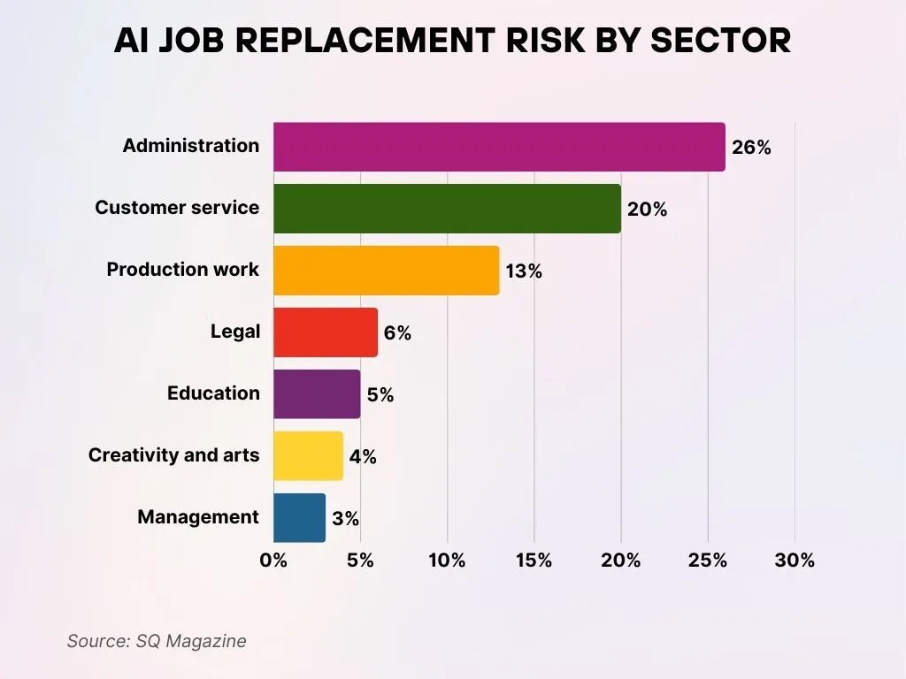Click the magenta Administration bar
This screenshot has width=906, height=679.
pos(499,147)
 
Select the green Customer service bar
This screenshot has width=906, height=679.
pos(447,209)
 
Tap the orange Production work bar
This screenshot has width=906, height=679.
pos(386,271)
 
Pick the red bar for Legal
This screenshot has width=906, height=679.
pos(326,332)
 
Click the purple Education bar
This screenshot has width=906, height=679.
pos(317,394)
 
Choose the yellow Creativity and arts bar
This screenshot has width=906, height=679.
pos(308,456)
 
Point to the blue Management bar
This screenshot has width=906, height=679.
pos(299,518)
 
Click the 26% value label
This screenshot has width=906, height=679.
pos(751,148)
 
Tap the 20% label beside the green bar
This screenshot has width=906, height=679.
pos(647,210)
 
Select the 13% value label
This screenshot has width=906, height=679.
pos(524,271)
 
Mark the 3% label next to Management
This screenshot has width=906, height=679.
pos(346,519)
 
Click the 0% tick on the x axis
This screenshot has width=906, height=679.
pos(273,561)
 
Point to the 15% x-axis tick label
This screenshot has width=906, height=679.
pos(534,561)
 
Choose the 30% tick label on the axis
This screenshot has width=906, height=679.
pos(795,561)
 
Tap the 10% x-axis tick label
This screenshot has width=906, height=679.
pos(447,561)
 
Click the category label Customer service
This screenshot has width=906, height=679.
pos(177,208)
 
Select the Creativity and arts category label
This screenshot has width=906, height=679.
pos(173,455)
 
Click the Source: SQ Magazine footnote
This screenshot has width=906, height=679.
pos(157,641)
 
